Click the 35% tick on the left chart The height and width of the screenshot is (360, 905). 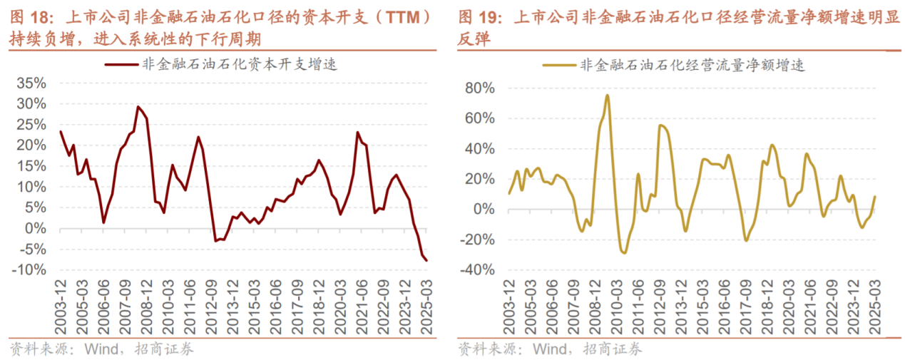pyautogui.click(x=32, y=83)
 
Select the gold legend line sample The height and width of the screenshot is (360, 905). pyautogui.click(x=560, y=64)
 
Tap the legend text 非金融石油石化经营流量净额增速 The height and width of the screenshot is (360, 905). pyautogui.click(x=693, y=64)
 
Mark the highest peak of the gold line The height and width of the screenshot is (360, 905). pyautogui.click(x=608, y=95)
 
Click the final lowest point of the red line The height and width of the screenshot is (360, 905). pyautogui.click(x=426, y=260)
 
